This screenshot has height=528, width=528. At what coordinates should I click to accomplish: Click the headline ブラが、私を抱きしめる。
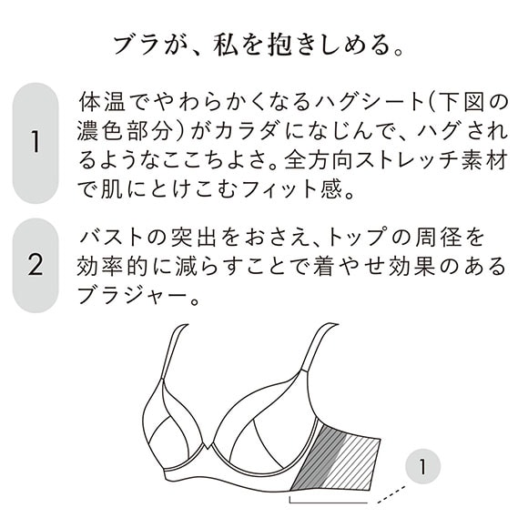coord(263,43)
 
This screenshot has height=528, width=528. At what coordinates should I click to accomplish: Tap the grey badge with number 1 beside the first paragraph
coord(36,142)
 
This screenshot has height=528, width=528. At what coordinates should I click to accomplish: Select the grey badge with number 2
coord(36,265)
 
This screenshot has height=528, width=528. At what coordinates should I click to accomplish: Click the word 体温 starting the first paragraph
coord(98,98)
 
